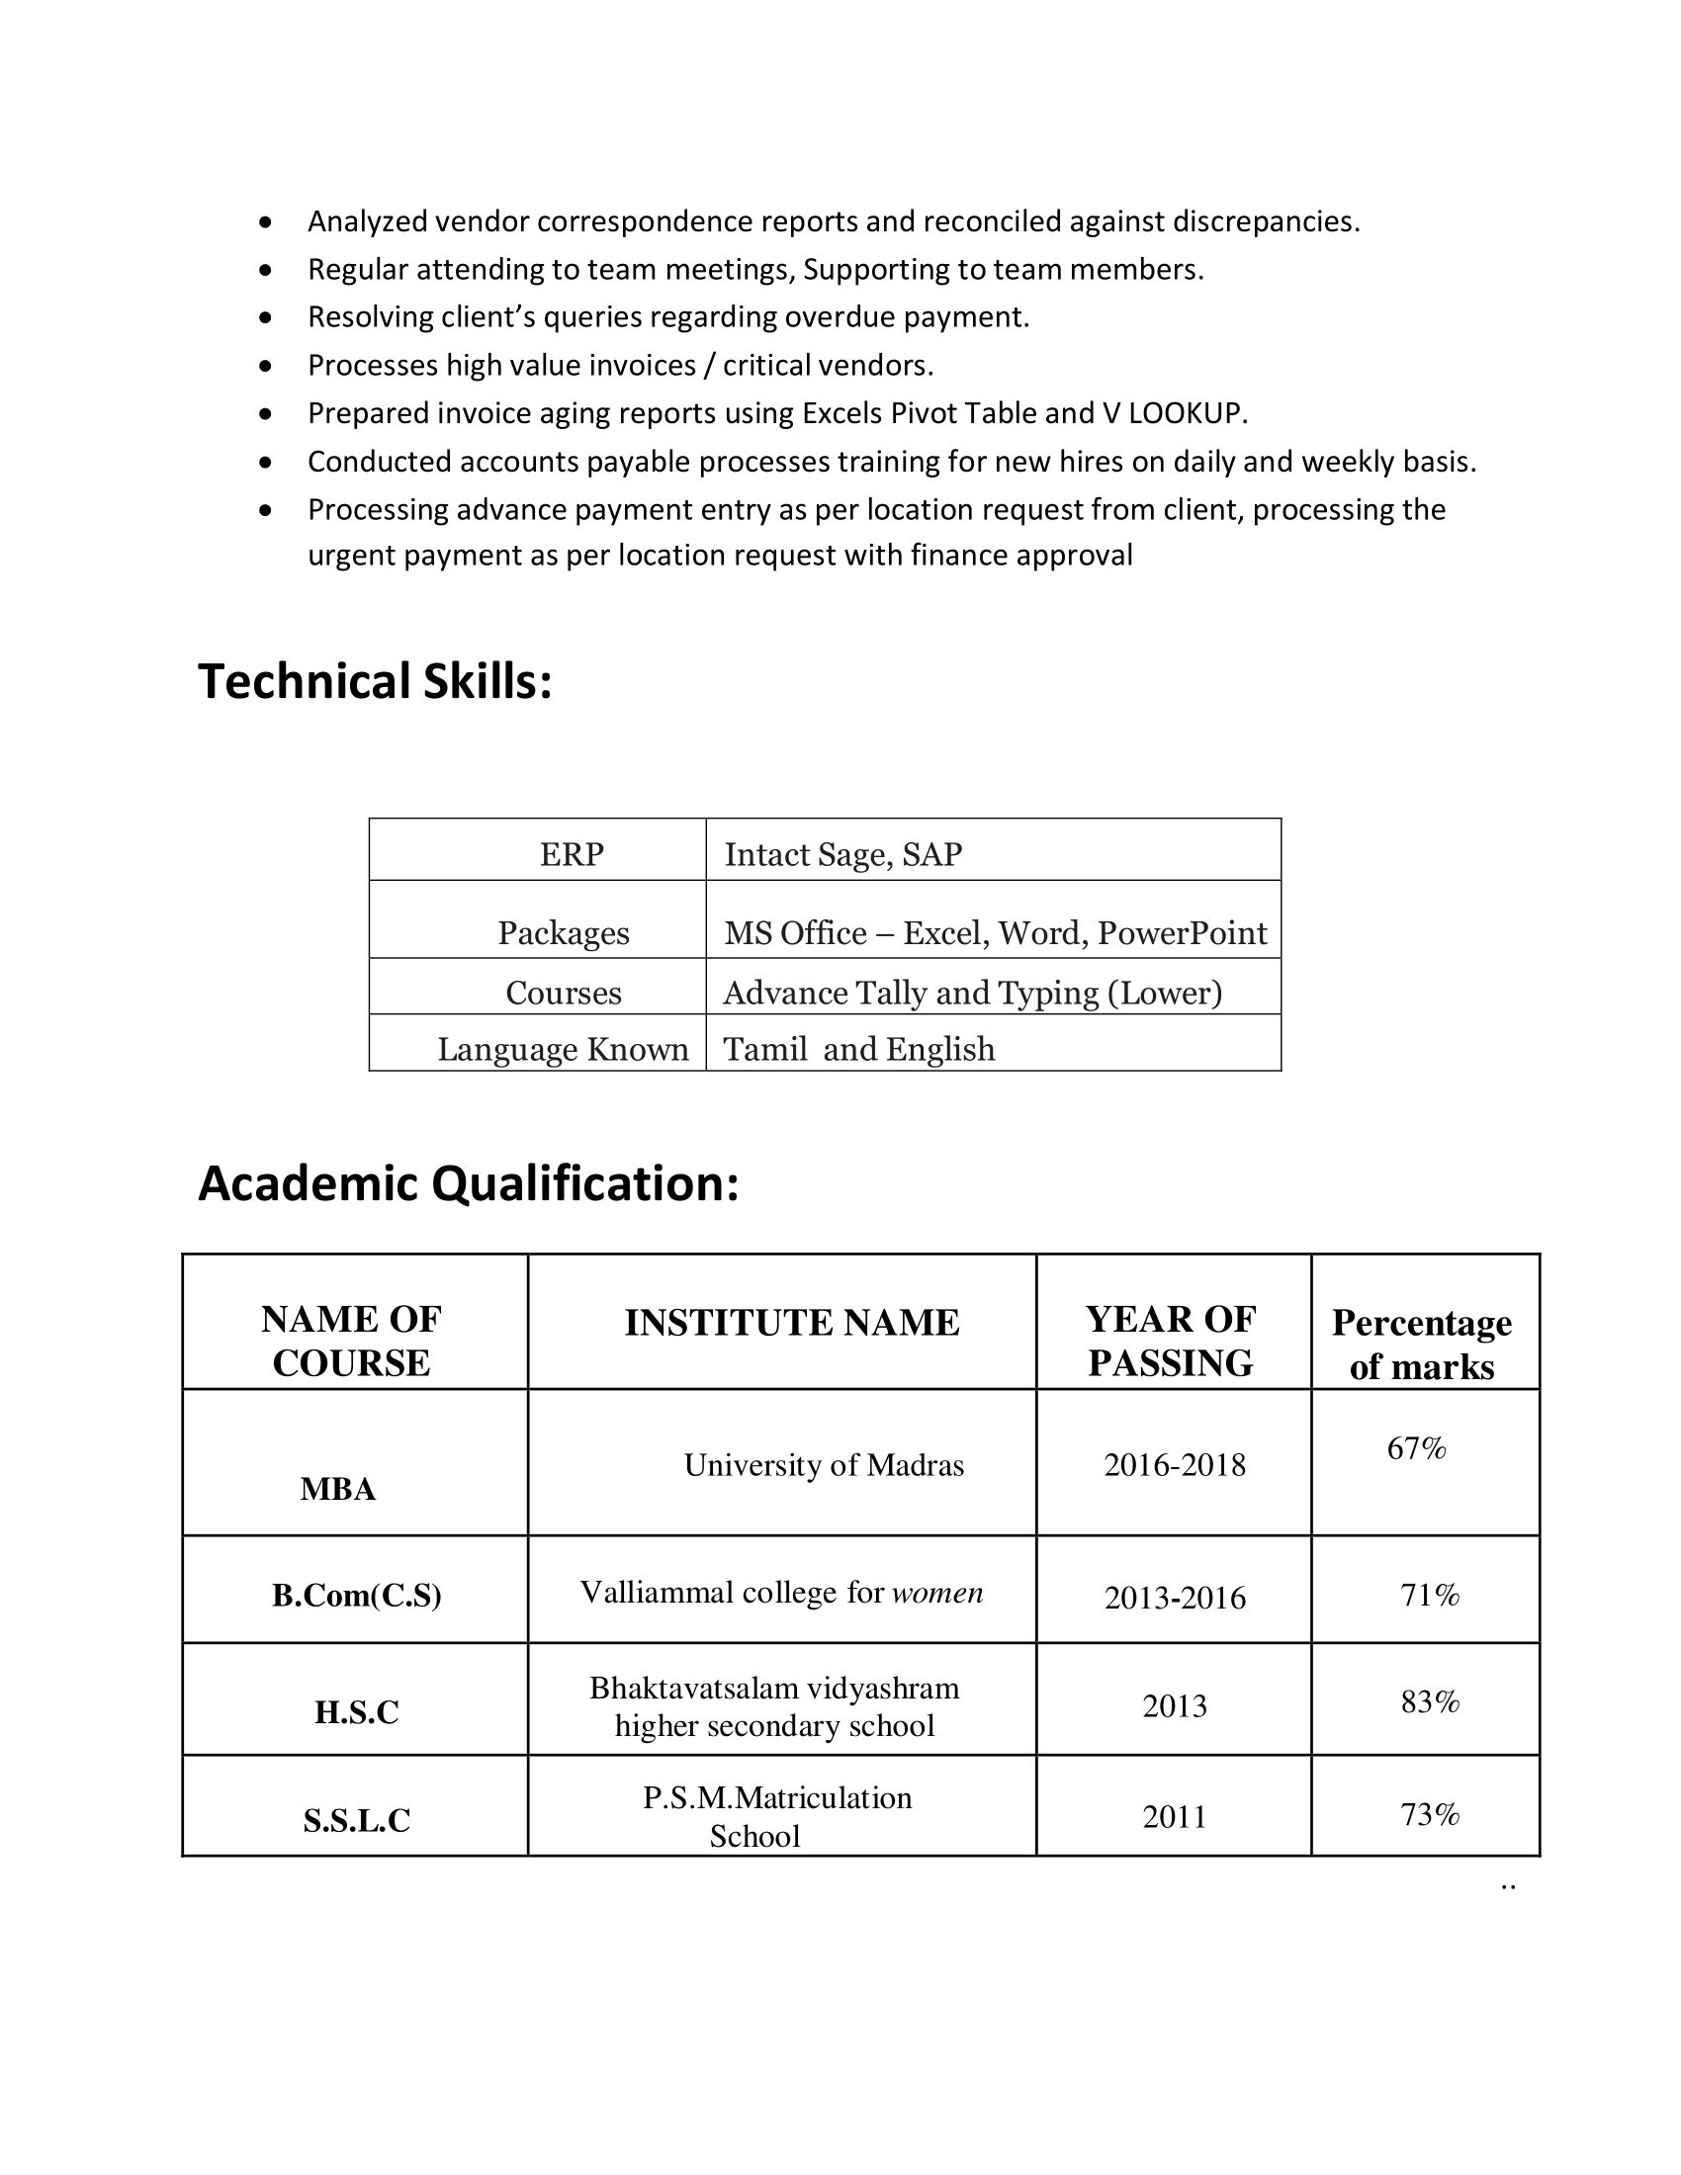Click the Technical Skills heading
[375, 682]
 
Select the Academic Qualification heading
[468, 1183]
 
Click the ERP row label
[571, 854]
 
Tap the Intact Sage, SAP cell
[842, 854]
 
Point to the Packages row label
[564, 933]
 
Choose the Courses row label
[564, 993]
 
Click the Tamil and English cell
[858, 1049]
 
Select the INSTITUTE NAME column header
[792, 1323]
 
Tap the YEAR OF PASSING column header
[1171, 1341]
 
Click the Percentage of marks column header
[1422, 1345]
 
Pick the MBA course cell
[337, 1489]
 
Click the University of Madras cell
[824, 1465]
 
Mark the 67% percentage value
[1416, 1448]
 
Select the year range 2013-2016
[1174, 1598]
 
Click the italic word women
[937, 1593]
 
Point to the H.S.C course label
[357, 1712]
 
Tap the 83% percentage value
[1430, 1702]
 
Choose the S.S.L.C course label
[357, 1820]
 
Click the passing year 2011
[1174, 1816]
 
